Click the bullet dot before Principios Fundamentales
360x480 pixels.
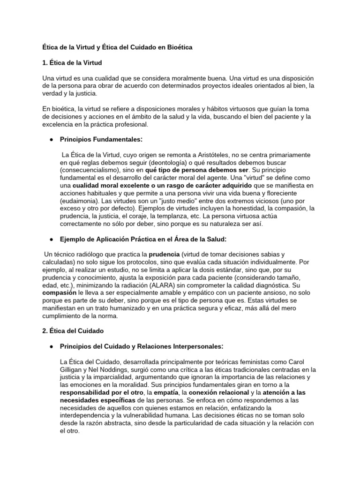point(50,140)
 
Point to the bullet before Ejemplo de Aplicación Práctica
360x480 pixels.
point(50,240)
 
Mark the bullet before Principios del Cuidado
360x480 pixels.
point(50,346)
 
